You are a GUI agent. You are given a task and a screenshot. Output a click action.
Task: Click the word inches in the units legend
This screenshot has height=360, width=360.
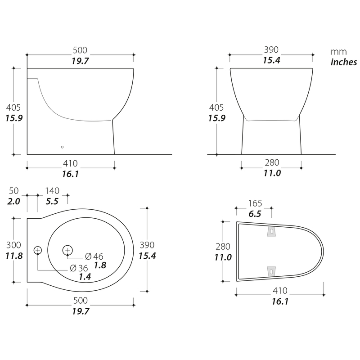(344, 62)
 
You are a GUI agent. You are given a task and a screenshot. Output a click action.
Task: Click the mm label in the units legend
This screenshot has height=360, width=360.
(339, 52)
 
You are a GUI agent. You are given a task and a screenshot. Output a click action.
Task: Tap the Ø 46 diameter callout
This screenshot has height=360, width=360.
(94, 256)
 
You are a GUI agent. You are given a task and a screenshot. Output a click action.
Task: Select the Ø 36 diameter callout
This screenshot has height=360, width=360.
(79, 268)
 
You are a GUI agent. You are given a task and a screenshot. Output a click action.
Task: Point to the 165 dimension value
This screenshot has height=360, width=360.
(255, 203)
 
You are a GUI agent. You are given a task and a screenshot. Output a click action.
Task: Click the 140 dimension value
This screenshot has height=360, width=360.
(52, 191)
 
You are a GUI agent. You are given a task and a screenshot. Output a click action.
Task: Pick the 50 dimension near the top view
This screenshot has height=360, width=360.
(13, 191)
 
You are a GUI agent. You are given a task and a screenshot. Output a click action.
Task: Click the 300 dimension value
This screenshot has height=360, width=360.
(13, 245)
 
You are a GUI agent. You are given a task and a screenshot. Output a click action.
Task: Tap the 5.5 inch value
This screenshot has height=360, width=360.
(52, 201)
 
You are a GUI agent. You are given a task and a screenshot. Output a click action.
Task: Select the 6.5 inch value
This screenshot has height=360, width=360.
(255, 214)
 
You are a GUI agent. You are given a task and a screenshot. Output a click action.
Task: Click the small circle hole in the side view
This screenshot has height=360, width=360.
(62, 147)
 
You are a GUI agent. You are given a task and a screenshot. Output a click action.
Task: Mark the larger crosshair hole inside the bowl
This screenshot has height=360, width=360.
(67, 250)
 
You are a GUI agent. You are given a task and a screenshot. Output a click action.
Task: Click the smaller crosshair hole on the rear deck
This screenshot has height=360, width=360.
(38, 250)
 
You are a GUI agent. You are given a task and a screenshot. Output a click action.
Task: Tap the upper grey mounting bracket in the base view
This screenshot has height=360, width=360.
(271, 231)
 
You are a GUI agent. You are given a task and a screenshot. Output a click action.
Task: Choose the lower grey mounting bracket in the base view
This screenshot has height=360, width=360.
(271, 272)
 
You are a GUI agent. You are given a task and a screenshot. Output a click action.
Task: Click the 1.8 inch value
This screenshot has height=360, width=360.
(100, 265)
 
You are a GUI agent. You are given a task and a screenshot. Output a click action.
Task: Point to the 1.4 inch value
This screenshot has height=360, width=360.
(85, 277)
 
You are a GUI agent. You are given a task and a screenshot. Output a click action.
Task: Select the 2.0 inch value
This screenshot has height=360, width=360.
(13, 201)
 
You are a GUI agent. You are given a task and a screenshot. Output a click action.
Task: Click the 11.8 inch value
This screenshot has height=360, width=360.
(14, 256)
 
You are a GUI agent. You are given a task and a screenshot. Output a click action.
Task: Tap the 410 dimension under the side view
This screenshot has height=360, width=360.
(70, 163)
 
